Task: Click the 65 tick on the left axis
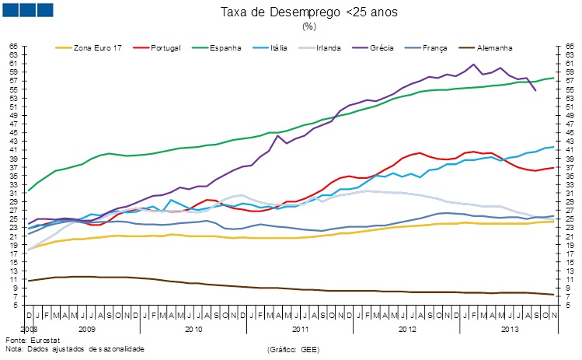(x=13, y=47)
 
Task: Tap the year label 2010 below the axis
(x=193, y=329)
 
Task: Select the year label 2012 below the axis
(x=407, y=329)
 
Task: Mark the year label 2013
(x=511, y=329)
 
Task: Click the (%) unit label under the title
(x=308, y=26)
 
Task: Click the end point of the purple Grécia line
(x=535, y=91)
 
